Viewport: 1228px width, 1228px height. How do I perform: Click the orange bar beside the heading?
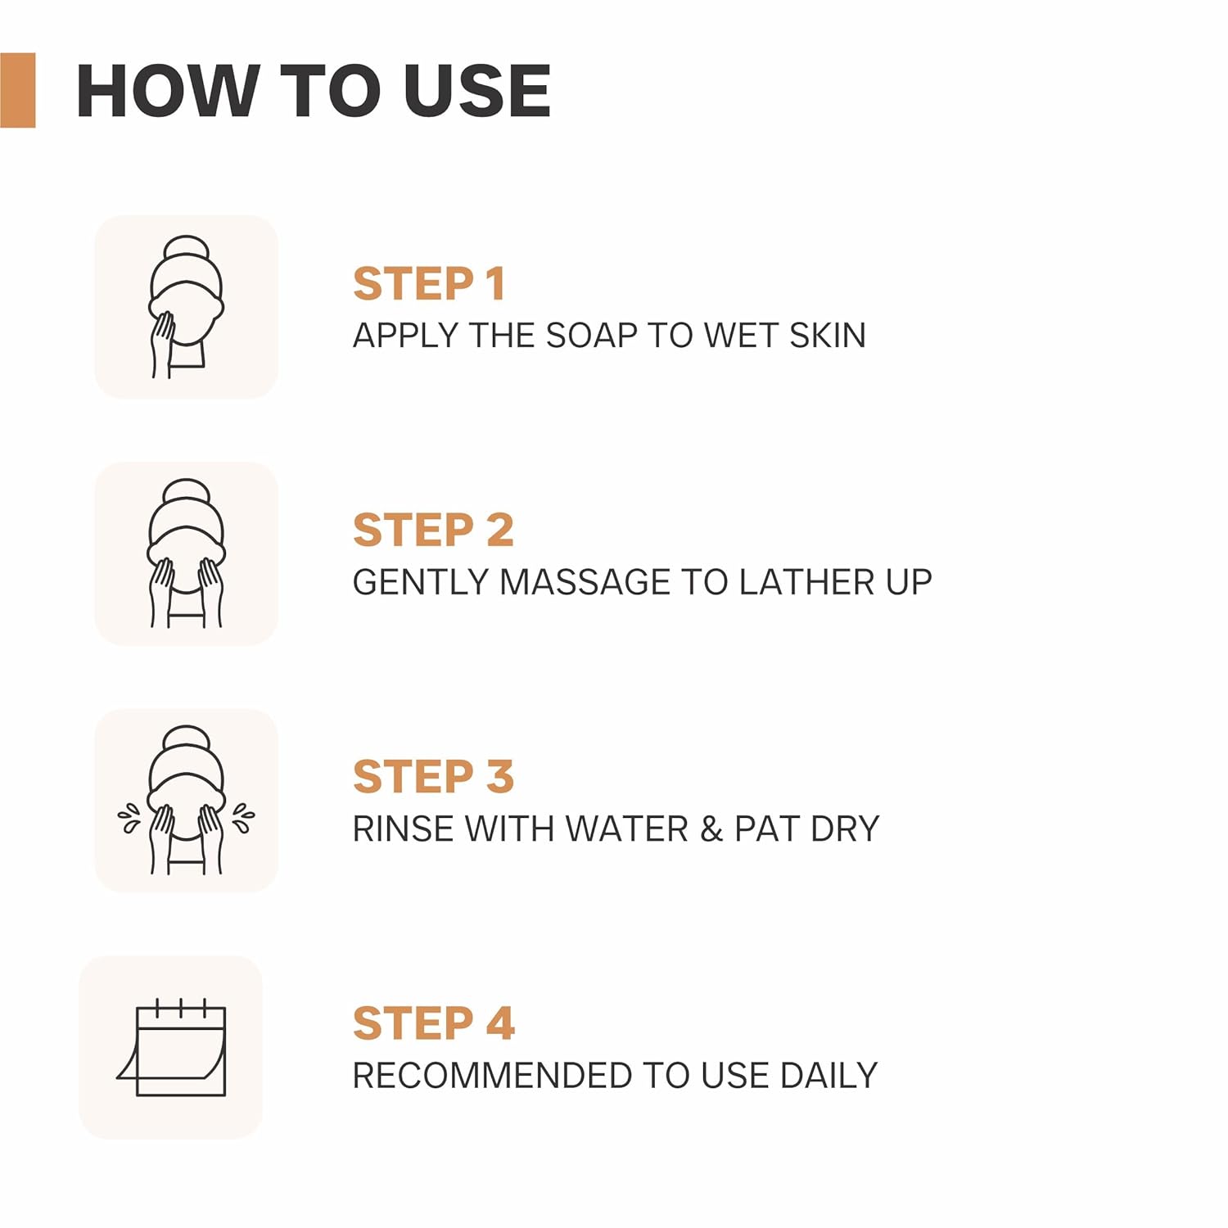[17, 90]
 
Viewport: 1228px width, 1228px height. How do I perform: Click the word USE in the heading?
[477, 90]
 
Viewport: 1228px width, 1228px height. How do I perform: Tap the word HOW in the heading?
[165, 90]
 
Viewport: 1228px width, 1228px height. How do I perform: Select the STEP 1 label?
[429, 284]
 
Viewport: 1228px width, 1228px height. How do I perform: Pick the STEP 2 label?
[433, 530]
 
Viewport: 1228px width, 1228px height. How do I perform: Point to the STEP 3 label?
[433, 777]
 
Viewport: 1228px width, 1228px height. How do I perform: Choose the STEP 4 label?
[434, 1023]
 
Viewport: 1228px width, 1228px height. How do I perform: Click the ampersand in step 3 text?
[711, 829]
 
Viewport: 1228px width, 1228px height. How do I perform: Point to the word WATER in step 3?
[627, 829]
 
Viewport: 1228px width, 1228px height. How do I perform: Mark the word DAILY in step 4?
[828, 1076]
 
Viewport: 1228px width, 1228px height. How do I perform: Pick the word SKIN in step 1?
[828, 336]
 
